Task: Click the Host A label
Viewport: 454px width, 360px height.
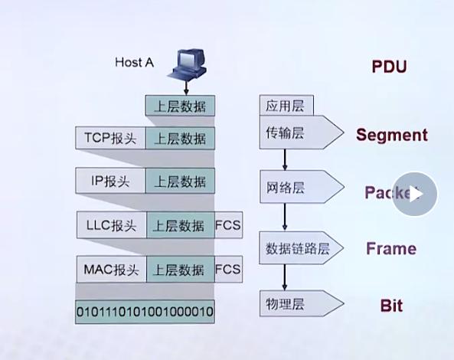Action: pos(135,62)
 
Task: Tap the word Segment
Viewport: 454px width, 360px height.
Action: pos(391,136)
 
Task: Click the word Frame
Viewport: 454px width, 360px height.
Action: pos(390,249)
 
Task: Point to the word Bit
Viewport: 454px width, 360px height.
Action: pos(391,306)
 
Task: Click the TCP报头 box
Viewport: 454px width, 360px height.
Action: pos(110,138)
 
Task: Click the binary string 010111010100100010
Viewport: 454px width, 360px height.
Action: pos(145,312)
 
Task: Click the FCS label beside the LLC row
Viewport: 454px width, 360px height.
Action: pos(228,225)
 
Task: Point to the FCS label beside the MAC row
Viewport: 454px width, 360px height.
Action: pos(228,269)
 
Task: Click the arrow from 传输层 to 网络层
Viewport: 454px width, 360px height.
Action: pos(285,159)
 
